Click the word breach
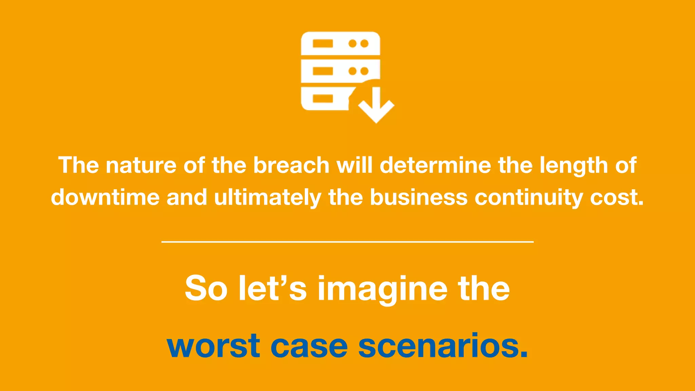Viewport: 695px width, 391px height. [291, 165]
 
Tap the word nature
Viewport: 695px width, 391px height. [141, 165]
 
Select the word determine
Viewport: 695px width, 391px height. [435, 165]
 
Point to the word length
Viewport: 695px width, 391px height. [573, 166]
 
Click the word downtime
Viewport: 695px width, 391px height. [105, 197]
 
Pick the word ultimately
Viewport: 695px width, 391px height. [267, 198]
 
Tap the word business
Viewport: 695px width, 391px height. [418, 197]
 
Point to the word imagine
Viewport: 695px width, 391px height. [382, 290]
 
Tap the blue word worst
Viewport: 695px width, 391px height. [213, 346]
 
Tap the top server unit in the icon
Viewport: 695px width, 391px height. [340, 43]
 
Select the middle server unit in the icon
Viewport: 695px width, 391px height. [340, 71]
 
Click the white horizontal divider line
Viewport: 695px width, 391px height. [347, 242]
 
